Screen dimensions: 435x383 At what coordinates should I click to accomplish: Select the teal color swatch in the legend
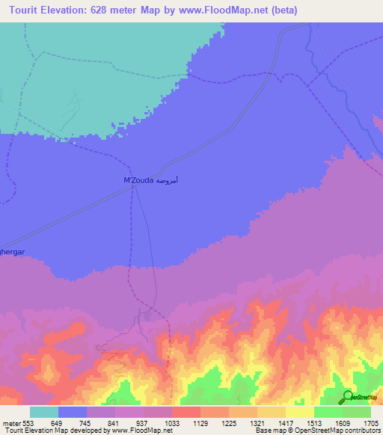click(x=44, y=412)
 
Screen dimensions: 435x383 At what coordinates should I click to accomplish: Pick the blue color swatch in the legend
click(x=73, y=412)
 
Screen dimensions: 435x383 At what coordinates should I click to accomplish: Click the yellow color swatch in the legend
click(x=300, y=412)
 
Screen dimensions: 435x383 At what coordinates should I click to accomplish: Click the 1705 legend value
click(x=371, y=422)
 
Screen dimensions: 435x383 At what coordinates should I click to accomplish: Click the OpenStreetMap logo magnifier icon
click(x=347, y=396)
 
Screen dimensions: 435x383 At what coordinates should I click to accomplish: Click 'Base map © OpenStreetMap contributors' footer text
click(x=317, y=431)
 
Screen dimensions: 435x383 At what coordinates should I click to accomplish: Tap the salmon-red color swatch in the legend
click(x=186, y=412)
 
